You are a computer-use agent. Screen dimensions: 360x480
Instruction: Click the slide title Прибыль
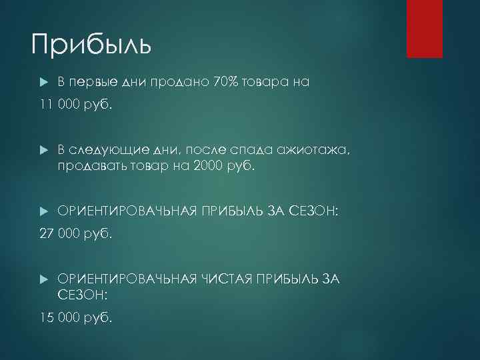91,45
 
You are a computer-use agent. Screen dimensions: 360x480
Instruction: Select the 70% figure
228,83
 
